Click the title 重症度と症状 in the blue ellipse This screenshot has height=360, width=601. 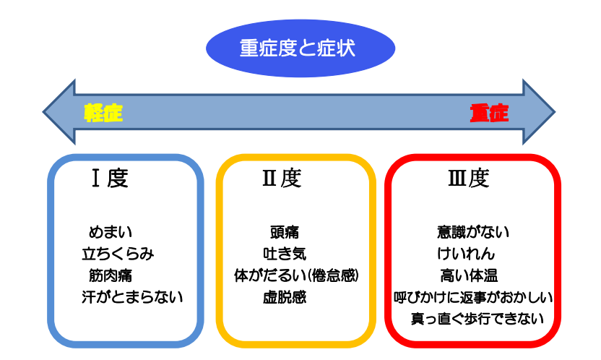click(x=298, y=48)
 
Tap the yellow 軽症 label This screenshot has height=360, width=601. click(x=103, y=113)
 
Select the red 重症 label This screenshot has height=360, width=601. click(x=489, y=113)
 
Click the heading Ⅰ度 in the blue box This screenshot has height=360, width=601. click(x=110, y=179)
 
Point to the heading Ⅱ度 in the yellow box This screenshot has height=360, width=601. click(x=282, y=179)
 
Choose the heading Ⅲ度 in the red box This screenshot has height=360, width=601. click(x=469, y=179)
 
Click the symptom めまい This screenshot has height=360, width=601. click(x=111, y=232)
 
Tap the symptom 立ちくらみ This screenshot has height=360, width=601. click(x=118, y=254)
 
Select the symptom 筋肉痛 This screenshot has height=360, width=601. click(x=111, y=275)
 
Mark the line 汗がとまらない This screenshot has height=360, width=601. click(x=132, y=297)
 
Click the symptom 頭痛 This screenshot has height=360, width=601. click(x=285, y=232)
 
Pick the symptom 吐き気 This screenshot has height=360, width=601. click(x=285, y=254)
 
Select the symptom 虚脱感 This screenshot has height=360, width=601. click(x=285, y=297)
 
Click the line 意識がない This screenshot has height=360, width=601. click(x=473, y=232)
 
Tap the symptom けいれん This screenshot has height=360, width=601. click(x=466, y=254)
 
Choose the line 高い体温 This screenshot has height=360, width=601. click(x=469, y=275)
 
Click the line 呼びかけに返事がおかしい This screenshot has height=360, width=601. click(x=473, y=297)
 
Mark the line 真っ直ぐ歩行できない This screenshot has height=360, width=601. click(x=477, y=319)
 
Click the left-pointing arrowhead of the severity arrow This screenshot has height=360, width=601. click(x=59, y=112)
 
